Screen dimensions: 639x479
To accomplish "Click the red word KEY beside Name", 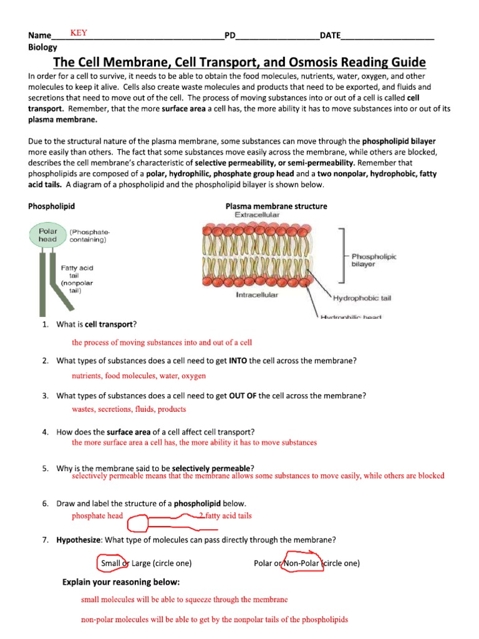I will coord(78,33).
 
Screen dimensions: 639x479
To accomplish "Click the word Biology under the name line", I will coord(42,47).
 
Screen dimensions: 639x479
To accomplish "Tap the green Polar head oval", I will coord(47,235).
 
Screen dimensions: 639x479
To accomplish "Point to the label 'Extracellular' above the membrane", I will coord(257,215).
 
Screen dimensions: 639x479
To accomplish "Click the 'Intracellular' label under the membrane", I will coord(257,295).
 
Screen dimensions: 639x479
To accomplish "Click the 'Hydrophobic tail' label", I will coord(362,298).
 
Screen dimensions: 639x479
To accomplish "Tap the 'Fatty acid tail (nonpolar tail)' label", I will coord(77,279).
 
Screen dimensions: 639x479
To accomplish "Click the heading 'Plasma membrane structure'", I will coord(276,206).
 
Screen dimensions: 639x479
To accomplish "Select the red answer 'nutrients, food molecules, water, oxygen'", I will coord(138,376).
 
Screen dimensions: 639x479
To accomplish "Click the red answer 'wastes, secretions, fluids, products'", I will coord(128,409).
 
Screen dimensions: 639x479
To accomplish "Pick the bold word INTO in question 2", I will coord(238,361).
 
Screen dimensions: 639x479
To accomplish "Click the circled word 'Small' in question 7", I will coord(110,563).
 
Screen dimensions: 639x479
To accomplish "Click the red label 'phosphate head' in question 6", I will coord(97,516).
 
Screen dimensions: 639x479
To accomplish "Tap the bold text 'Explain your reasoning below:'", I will coord(121,582).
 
